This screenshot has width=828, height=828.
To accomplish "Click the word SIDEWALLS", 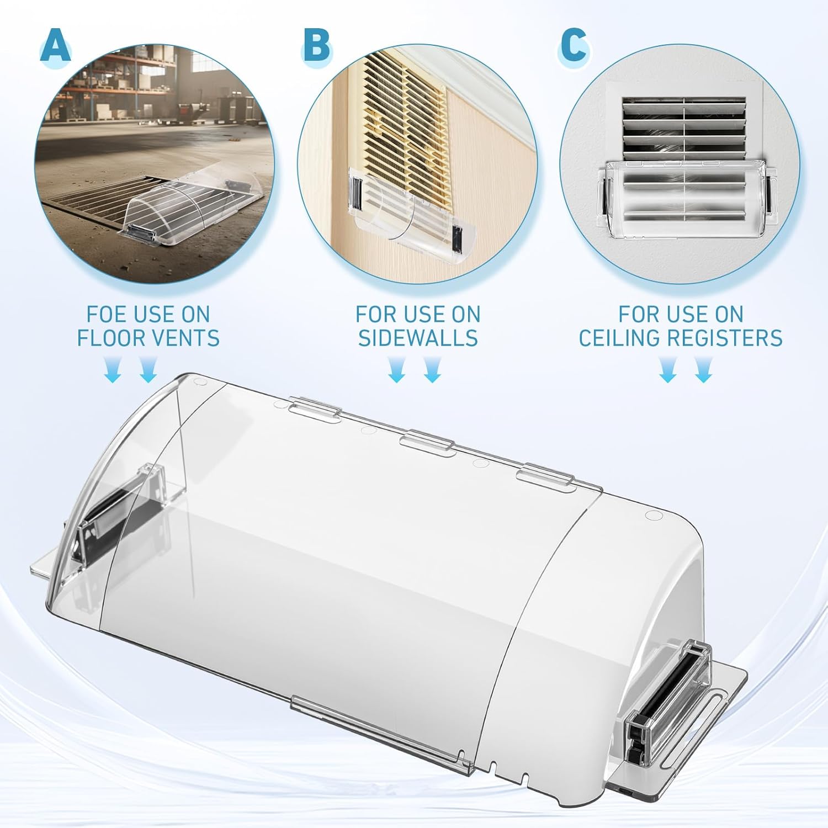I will point(418,338).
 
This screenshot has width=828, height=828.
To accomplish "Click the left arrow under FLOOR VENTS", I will point(113,370).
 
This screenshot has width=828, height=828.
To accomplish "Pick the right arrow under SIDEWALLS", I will point(433,370).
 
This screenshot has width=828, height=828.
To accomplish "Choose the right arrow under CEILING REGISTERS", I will point(703,370).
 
